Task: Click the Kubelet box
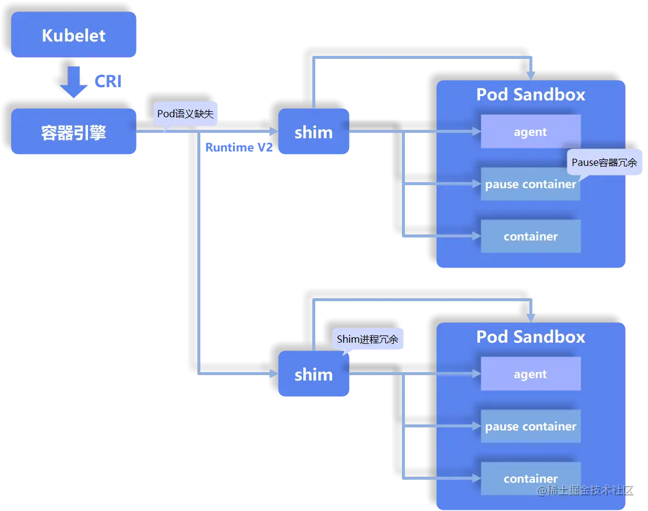[74, 35]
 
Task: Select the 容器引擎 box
[74, 132]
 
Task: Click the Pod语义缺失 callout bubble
[185, 114]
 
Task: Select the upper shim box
[313, 132]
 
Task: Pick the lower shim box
[313, 375]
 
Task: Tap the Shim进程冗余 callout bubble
[368, 340]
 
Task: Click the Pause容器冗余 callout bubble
[603, 162]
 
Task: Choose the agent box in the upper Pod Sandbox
[530, 132]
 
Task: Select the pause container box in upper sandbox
[530, 184]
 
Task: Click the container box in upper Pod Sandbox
[530, 236]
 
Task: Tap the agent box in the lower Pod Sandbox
[530, 374]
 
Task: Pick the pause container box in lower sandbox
[530, 426]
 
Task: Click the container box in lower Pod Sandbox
[530, 479]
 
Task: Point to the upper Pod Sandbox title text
[530, 94]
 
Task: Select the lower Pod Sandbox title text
[530, 337]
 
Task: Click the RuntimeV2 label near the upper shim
[239, 148]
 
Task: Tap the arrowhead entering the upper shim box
[272, 132]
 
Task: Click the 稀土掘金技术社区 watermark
[585, 491]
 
